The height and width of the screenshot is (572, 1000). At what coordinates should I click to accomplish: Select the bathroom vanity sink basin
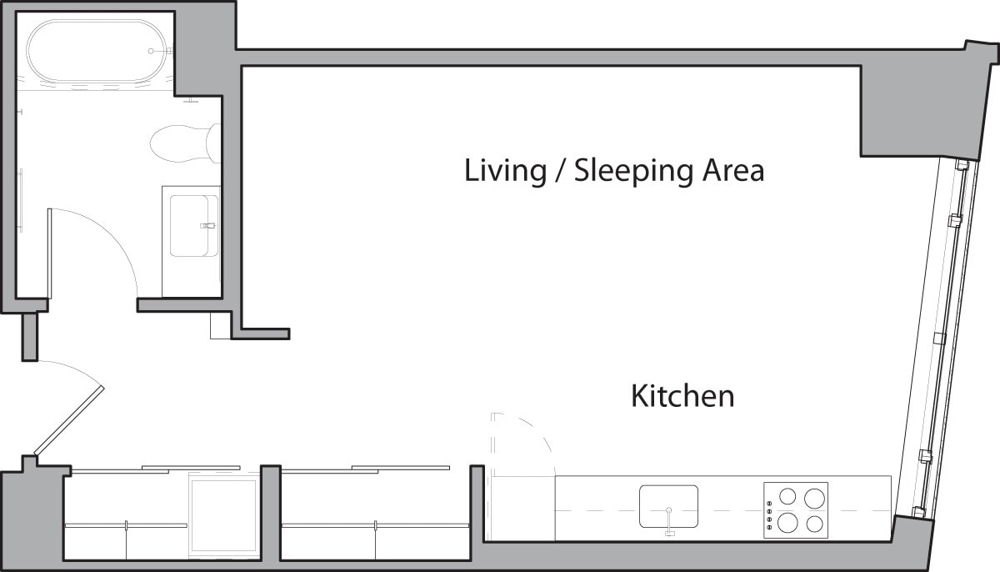(193, 225)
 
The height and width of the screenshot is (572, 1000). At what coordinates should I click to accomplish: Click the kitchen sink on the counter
(668, 505)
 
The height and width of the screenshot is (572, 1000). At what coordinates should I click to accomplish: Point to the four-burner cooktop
(796, 509)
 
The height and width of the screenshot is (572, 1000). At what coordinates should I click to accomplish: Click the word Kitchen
(682, 396)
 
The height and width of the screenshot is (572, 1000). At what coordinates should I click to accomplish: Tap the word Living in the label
(502, 171)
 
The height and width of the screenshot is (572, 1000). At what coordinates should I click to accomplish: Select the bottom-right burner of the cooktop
(814, 524)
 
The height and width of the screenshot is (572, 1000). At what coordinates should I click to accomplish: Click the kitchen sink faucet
(668, 525)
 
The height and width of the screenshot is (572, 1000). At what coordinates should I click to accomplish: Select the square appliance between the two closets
(224, 517)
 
